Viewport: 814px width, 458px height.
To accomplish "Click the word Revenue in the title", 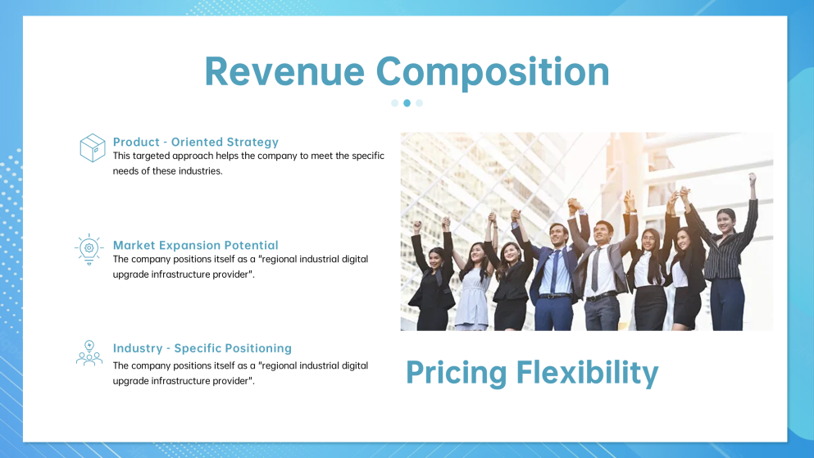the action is (284, 71).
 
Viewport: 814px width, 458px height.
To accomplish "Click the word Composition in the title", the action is (492, 73).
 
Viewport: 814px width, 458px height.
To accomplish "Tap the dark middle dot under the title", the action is (407, 103).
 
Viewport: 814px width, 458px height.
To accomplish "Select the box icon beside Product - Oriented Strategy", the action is (93, 147).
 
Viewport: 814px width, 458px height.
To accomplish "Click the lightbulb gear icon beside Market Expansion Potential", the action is (89, 250).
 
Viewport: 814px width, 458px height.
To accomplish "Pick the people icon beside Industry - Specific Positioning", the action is (89, 353).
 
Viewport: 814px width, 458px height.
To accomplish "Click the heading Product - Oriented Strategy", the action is (196, 142).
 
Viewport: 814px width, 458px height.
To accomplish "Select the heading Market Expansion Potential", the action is (196, 245).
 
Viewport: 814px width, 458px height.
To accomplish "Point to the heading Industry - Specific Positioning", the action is (202, 348).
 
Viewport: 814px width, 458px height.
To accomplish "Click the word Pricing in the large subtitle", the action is (456, 373).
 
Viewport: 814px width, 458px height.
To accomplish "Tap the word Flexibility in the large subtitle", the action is (587, 372).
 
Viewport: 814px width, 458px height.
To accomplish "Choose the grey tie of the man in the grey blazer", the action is (595, 270).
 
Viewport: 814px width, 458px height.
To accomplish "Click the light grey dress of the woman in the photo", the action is (472, 298).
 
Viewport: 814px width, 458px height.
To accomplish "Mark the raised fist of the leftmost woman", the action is (416, 227).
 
